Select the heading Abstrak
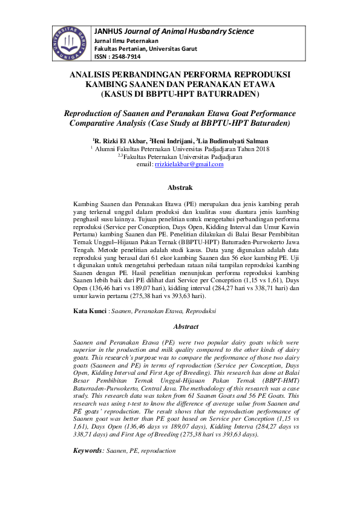click(x=180, y=188)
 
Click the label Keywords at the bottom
click(x=88, y=450)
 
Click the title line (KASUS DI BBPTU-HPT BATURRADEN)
click(x=180, y=95)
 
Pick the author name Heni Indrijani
click(x=180, y=140)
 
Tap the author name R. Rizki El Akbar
click(x=120, y=140)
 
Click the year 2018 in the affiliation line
click(x=262, y=148)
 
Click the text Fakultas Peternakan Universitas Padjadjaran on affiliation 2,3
click(x=183, y=156)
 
